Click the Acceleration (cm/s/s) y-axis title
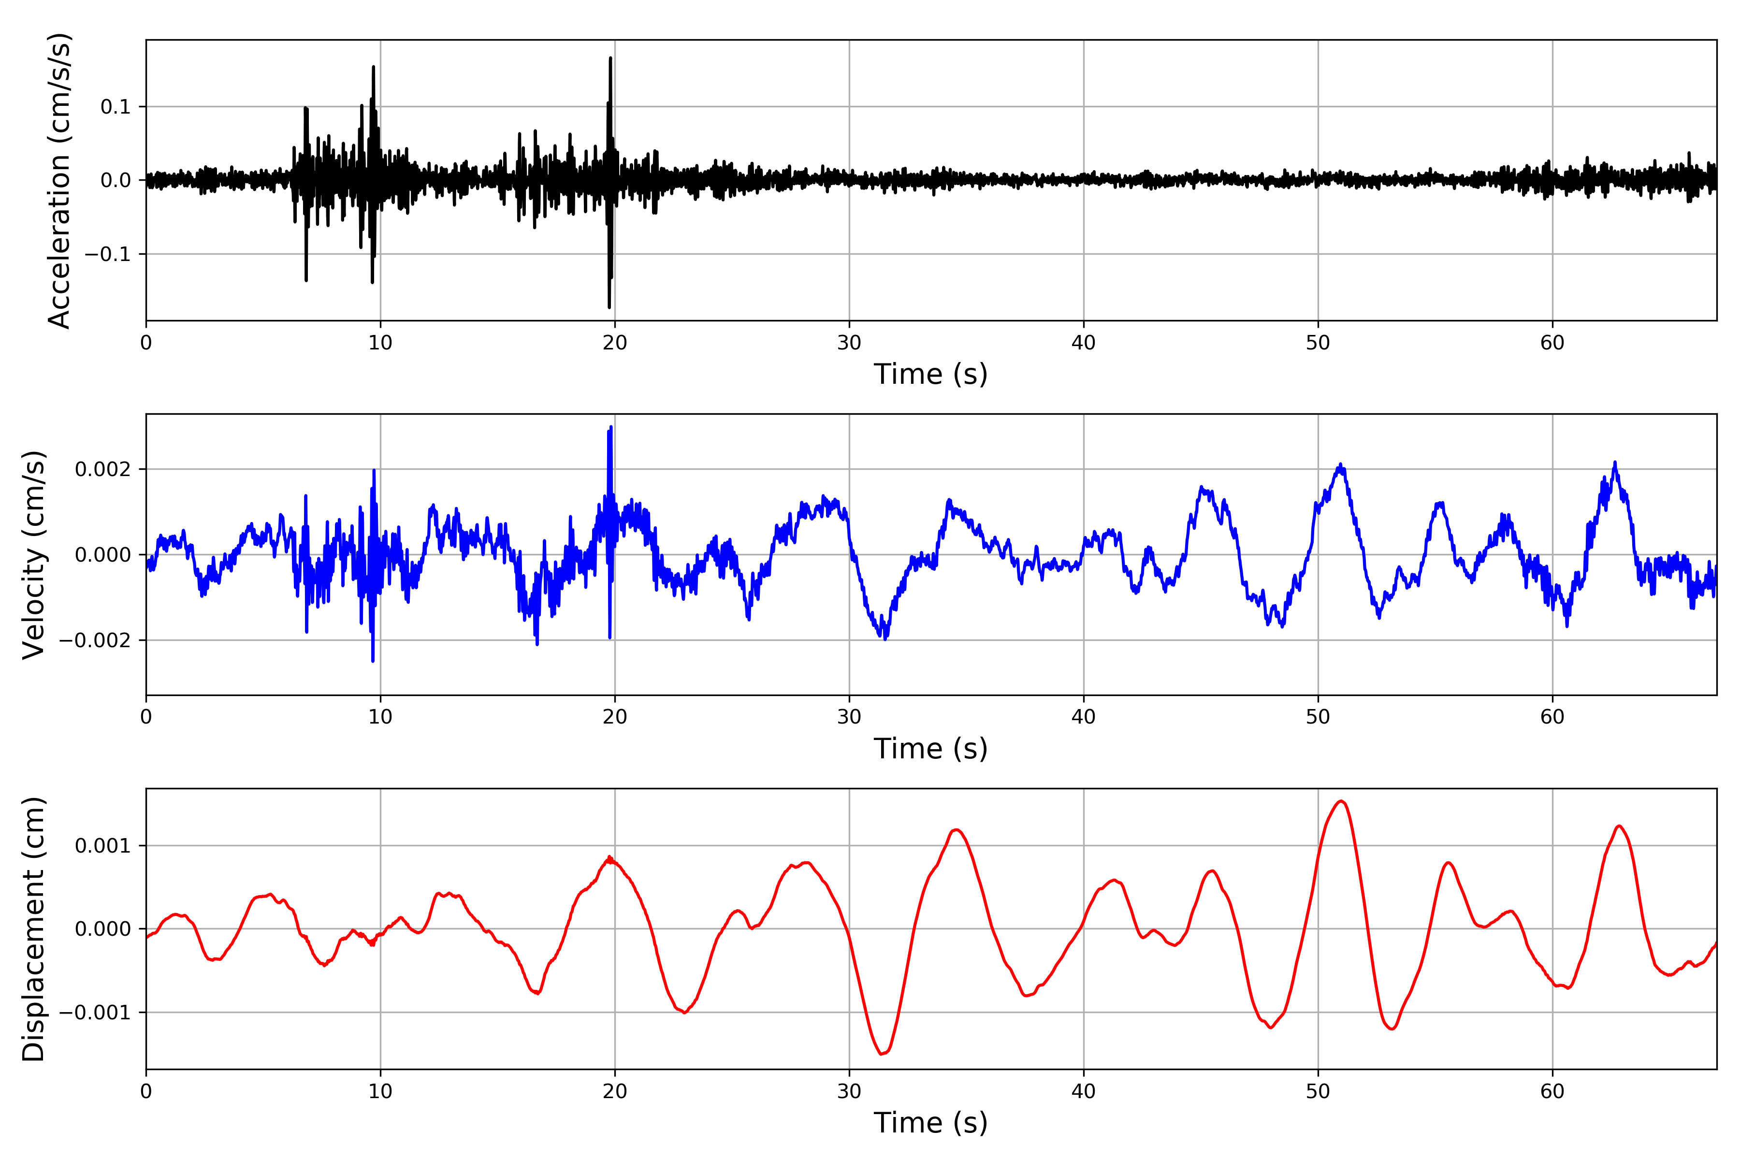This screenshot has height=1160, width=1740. click(58, 180)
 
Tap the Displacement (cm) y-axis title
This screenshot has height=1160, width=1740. click(34, 928)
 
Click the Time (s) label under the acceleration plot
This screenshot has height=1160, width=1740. click(931, 374)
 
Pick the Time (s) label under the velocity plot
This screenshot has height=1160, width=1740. click(931, 749)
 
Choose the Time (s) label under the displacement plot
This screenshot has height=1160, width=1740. click(931, 1123)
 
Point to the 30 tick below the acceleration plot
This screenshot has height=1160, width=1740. click(849, 343)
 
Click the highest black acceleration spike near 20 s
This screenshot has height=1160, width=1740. click(610, 58)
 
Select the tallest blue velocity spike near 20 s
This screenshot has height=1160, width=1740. click(611, 428)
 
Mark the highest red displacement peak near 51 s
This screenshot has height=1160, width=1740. click(1341, 801)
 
